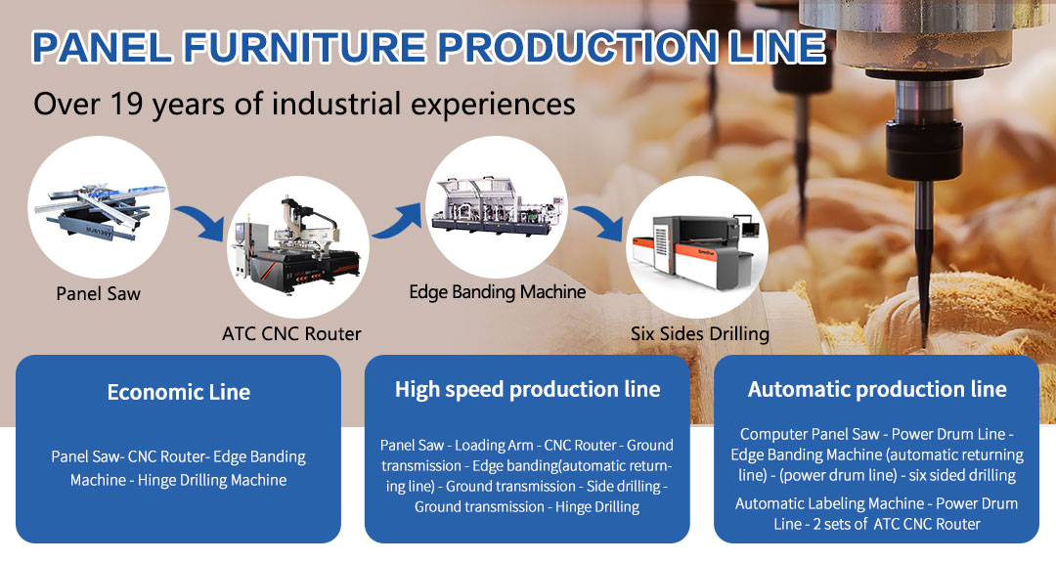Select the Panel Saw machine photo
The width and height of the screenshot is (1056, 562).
pyautogui.click(x=98, y=207)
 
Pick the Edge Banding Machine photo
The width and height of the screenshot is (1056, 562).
pyautogui.click(x=496, y=206)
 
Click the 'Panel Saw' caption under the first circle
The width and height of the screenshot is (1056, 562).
pyautogui.click(x=98, y=293)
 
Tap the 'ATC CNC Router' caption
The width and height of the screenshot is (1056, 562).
pyautogui.click(x=291, y=334)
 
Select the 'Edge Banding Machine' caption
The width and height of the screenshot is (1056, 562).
pyautogui.click(x=497, y=291)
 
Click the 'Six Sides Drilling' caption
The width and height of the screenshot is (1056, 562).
pyautogui.click(x=699, y=334)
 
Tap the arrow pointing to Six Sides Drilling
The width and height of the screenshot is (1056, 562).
pyautogui.click(x=599, y=223)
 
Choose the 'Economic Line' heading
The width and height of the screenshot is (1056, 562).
pyautogui.click(x=178, y=393)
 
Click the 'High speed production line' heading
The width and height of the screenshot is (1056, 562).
pyautogui.click(x=527, y=389)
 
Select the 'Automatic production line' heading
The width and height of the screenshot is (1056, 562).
pyautogui.click(x=876, y=389)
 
